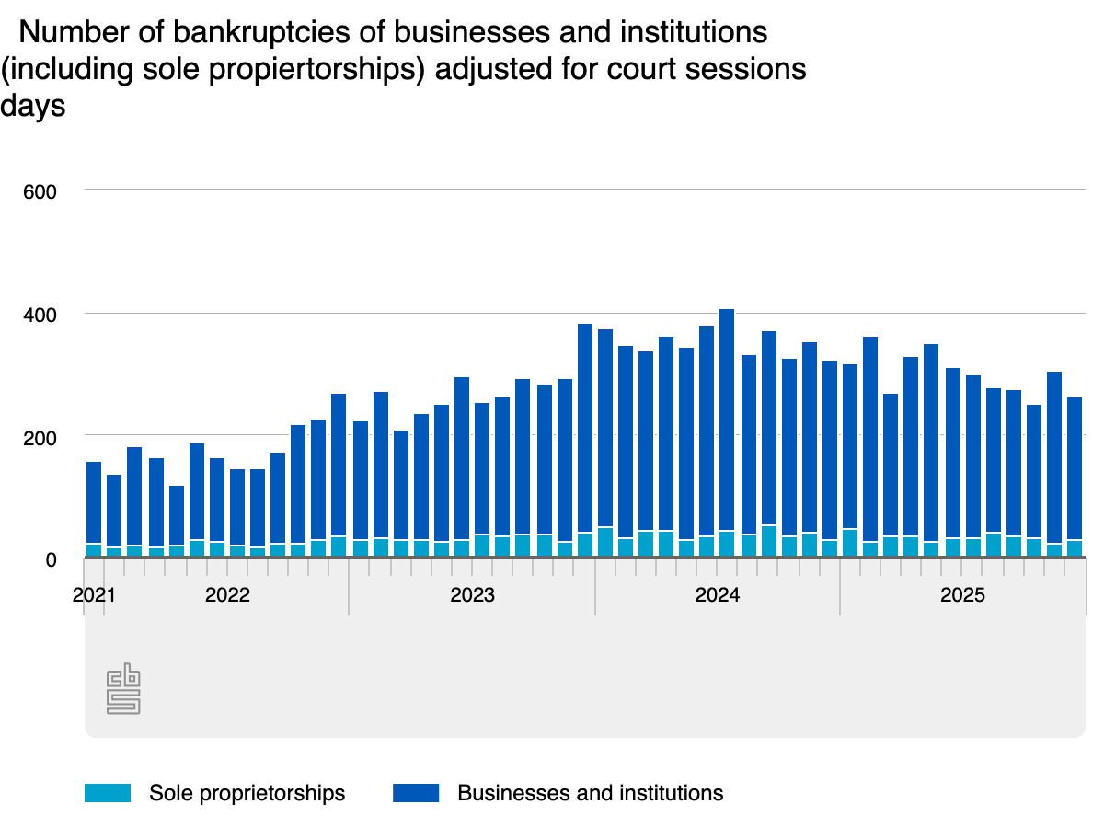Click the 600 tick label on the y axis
[x=40, y=191]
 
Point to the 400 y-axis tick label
[x=40, y=315]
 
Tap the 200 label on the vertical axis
[x=40, y=436]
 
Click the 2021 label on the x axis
[x=95, y=595]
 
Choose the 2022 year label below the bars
[x=227, y=595]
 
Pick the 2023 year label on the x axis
[x=472, y=595]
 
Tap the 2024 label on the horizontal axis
[x=717, y=595]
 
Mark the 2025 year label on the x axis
[x=962, y=595]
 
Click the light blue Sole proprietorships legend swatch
[x=108, y=793]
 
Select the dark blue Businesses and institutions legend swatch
[x=416, y=793]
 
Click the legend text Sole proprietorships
[x=247, y=793]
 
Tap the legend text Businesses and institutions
[x=591, y=793]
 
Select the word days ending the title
[x=33, y=106]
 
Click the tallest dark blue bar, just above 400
[x=727, y=414]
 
